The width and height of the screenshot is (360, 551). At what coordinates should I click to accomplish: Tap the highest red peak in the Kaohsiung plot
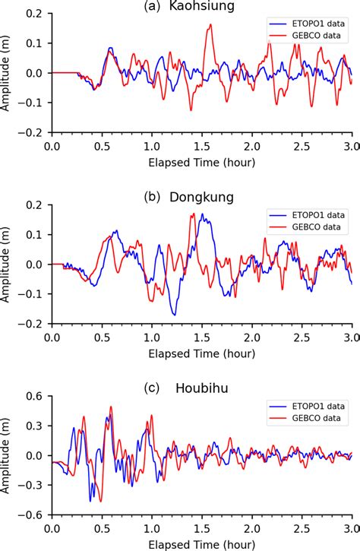[210, 25]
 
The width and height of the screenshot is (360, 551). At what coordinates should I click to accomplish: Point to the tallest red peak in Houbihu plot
[112, 407]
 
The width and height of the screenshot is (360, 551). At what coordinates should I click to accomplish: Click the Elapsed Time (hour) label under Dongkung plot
[202, 352]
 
